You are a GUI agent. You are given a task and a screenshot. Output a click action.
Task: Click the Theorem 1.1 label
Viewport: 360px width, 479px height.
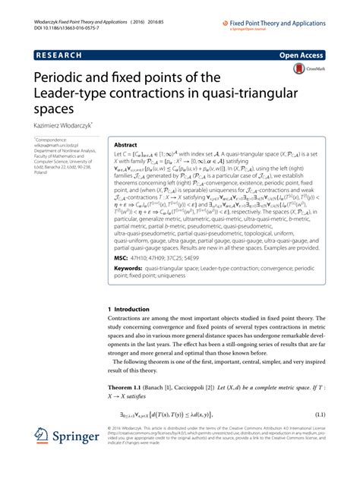131,389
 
